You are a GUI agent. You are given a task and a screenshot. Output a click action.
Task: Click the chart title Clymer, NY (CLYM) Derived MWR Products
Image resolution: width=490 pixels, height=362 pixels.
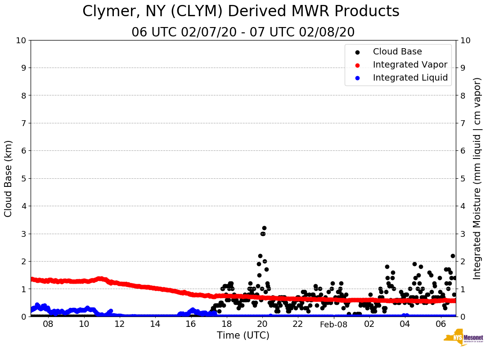[x=241, y=12]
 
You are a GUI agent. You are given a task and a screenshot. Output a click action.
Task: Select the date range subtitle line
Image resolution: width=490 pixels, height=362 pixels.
[x=243, y=32]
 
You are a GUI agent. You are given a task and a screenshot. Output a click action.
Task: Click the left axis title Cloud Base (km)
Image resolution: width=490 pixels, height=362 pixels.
[x=9, y=178]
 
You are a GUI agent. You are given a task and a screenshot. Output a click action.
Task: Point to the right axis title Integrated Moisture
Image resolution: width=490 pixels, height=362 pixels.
[x=477, y=178]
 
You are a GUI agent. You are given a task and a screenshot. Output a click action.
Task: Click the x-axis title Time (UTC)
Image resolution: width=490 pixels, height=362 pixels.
[x=243, y=335]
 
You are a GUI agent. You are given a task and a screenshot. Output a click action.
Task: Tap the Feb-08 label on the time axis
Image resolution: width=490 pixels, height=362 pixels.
[x=333, y=325]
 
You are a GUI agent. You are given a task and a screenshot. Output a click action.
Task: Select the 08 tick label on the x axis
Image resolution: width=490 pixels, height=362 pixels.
[x=48, y=324]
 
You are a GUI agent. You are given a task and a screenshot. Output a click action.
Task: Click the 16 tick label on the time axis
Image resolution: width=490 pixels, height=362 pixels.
[x=191, y=324]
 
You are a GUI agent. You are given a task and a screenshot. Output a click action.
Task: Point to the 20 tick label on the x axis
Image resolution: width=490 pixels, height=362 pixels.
[x=262, y=324]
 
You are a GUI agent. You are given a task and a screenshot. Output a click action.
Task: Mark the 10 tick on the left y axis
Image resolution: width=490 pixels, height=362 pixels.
[x=21, y=41]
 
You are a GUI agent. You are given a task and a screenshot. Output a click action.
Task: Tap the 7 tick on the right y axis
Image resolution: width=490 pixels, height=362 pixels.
[x=462, y=123]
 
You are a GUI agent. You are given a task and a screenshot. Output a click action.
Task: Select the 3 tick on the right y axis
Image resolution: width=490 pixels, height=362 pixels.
[x=462, y=234]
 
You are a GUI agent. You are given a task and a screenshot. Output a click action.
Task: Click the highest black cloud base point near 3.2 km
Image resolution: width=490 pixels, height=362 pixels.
[x=264, y=228]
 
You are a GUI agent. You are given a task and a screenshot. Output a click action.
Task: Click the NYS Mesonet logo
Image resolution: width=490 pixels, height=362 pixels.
[x=463, y=339]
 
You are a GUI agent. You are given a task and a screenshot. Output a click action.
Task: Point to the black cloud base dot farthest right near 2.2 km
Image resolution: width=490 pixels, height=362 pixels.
[x=453, y=256]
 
